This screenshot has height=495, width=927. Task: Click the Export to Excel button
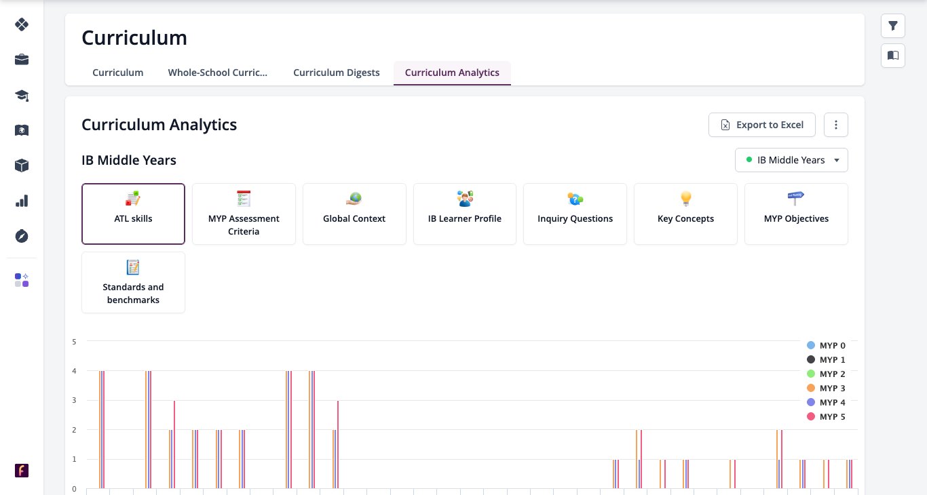tap(762, 125)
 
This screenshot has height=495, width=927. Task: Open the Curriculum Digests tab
tap(336, 73)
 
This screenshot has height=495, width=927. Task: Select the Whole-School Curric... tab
tap(218, 73)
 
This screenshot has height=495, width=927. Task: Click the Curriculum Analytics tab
tap(452, 73)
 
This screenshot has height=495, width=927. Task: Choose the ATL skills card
tap(133, 214)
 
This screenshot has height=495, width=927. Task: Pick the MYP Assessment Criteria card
tap(244, 214)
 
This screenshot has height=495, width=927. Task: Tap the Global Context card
tap(354, 214)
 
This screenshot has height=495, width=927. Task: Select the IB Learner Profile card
tap(465, 214)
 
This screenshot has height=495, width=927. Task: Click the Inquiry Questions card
tap(575, 214)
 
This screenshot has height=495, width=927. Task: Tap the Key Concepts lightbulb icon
tap(685, 199)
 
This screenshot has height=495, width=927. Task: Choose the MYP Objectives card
tap(796, 214)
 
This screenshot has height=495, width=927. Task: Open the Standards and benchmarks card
tap(133, 283)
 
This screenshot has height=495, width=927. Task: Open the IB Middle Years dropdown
tap(791, 160)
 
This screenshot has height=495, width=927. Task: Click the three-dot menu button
tap(836, 125)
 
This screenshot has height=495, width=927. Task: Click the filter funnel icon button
tap(893, 26)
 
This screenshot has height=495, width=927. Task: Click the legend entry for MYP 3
tap(826, 389)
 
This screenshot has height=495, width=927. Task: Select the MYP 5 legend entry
tap(826, 417)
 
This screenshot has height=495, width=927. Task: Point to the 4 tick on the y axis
tap(74, 371)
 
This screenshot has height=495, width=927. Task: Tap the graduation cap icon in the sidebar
tap(22, 96)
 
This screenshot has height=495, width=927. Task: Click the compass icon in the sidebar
tap(22, 237)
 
